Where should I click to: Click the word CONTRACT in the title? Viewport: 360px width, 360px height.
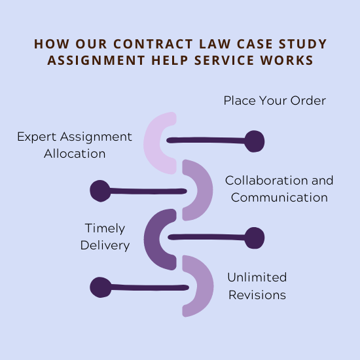153,44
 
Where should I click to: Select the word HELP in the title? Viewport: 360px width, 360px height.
170,60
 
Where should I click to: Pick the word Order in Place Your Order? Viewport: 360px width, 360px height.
308,101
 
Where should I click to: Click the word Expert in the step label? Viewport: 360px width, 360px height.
37,137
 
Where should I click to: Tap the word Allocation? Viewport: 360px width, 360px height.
75,153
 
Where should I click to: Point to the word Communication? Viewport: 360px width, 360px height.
279,198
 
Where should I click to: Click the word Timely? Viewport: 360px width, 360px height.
105,228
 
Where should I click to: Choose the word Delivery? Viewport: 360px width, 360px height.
105,245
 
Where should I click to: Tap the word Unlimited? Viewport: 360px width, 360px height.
257,277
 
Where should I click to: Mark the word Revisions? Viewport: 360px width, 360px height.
257,295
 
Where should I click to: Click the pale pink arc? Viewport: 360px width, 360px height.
152,143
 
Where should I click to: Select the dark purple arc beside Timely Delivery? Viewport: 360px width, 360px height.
152,239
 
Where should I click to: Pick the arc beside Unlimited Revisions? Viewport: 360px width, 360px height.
206,286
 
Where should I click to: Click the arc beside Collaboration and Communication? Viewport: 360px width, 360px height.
205,190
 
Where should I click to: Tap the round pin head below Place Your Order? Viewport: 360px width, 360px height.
254,141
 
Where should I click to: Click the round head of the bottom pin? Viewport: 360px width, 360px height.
100,287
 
